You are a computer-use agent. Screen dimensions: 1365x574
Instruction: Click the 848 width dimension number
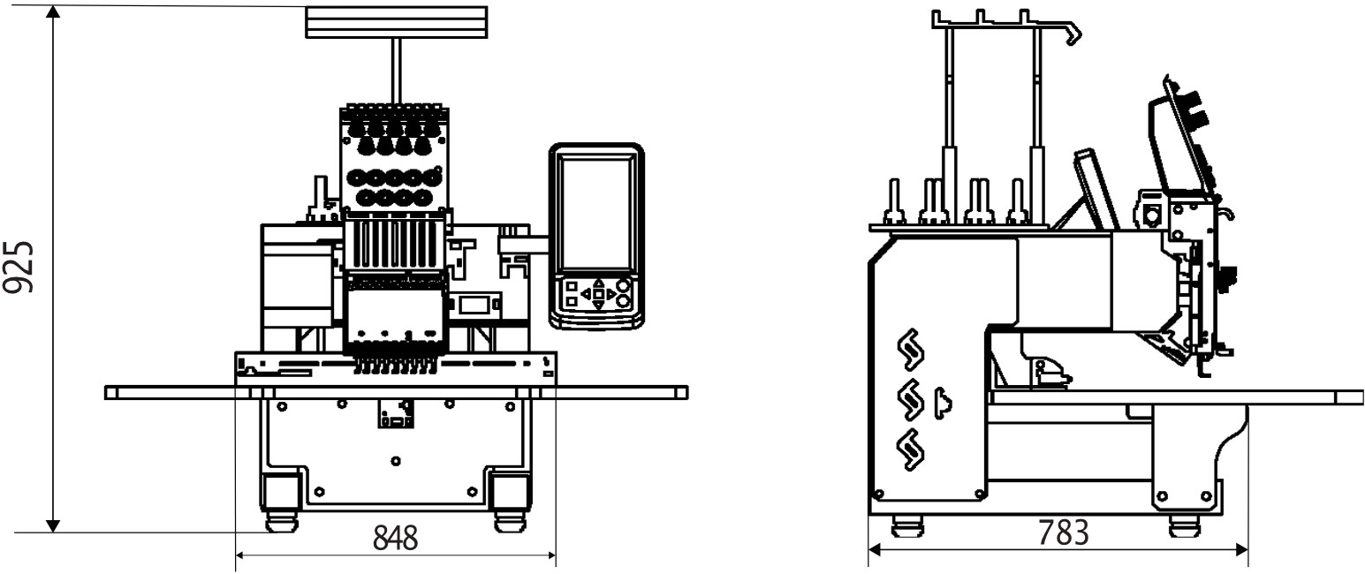tap(396, 538)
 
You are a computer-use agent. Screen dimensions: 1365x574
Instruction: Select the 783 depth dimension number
tap(1064, 532)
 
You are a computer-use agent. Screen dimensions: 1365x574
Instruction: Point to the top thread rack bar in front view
tap(396, 22)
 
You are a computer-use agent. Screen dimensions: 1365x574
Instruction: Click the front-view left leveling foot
tap(281, 522)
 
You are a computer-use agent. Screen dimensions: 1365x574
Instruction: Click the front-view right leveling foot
tap(510, 522)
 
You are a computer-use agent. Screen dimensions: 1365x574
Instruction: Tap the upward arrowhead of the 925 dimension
tap(54, 11)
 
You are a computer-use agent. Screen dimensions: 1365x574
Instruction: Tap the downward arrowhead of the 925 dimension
tap(54, 525)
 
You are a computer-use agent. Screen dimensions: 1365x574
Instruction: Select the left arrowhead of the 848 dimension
tap(240, 555)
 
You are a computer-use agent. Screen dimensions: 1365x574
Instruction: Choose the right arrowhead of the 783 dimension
tap(1241, 550)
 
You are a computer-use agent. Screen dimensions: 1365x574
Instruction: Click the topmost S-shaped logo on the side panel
tap(911, 350)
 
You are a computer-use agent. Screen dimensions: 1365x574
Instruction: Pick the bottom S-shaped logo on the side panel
tap(911, 449)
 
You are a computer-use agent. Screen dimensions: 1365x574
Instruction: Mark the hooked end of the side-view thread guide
tap(1073, 34)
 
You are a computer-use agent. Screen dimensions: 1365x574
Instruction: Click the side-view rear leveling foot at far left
tap(907, 526)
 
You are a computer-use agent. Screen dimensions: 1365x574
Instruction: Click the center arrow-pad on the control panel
tap(599, 294)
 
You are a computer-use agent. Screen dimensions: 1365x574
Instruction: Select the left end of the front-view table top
tap(106, 392)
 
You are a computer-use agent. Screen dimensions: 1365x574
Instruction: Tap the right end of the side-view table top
tap(1361, 397)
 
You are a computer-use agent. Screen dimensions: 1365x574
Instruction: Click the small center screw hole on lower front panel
tap(396, 461)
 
